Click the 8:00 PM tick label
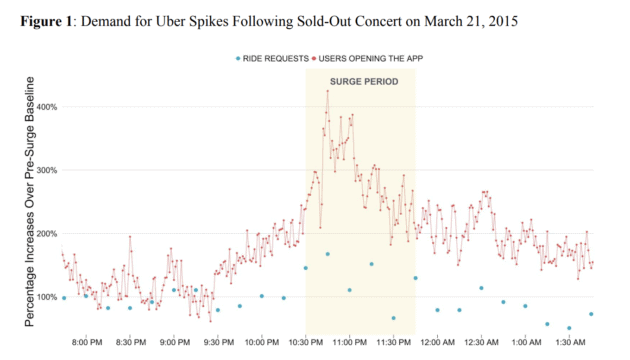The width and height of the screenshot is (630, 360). pyautogui.click(x=88, y=341)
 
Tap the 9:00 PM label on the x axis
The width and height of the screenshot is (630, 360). pyautogui.click(x=175, y=341)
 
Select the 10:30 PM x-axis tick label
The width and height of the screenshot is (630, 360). pyautogui.click(x=305, y=341)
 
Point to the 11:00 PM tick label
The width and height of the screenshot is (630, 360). pyautogui.click(x=349, y=341)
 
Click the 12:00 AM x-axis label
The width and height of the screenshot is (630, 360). pyautogui.click(x=436, y=341)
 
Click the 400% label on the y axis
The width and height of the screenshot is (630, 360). pyautogui.click(x=46, y=106)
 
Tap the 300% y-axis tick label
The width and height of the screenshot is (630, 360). pyautogui.click(x=46, y=170)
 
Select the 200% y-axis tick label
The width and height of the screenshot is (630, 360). pyautogui.click(x=46, y=233)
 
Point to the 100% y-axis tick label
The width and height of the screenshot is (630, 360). pyautogui.click(x=46, y=297)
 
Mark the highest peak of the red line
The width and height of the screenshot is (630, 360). pyautogui.click(x=327, y=91)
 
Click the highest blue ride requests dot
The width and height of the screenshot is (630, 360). pyautogui.click(x=327, y=254)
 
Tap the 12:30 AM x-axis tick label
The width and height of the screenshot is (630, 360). pyautogui.click(x=480, y=341)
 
